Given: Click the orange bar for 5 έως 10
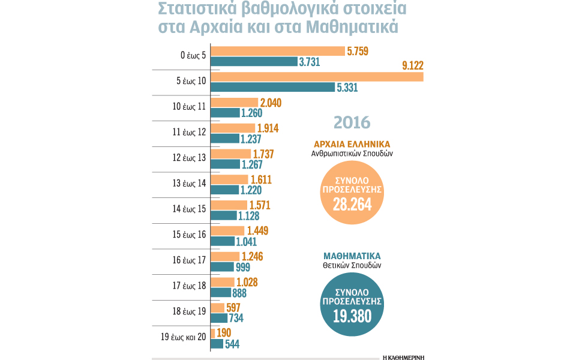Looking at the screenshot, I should (317, 77).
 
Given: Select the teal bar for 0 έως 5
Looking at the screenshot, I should (254, 61).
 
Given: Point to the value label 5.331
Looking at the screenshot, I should (352, 87).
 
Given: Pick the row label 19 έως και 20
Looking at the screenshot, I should (184, 337).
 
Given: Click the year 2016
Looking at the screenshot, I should (352, 122).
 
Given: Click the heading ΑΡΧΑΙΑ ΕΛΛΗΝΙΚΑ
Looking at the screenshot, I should (352, 144).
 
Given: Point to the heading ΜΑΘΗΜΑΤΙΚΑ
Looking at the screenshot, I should (352, 254).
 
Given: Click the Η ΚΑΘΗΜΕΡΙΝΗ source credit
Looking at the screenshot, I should (403, 356).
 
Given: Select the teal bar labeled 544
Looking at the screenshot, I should (217, 344).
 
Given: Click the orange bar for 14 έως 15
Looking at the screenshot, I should (228, 205).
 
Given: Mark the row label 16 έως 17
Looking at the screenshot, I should (188, 260).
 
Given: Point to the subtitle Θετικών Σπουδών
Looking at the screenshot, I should (352, 265).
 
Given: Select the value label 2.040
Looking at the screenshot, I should (269, 103).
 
